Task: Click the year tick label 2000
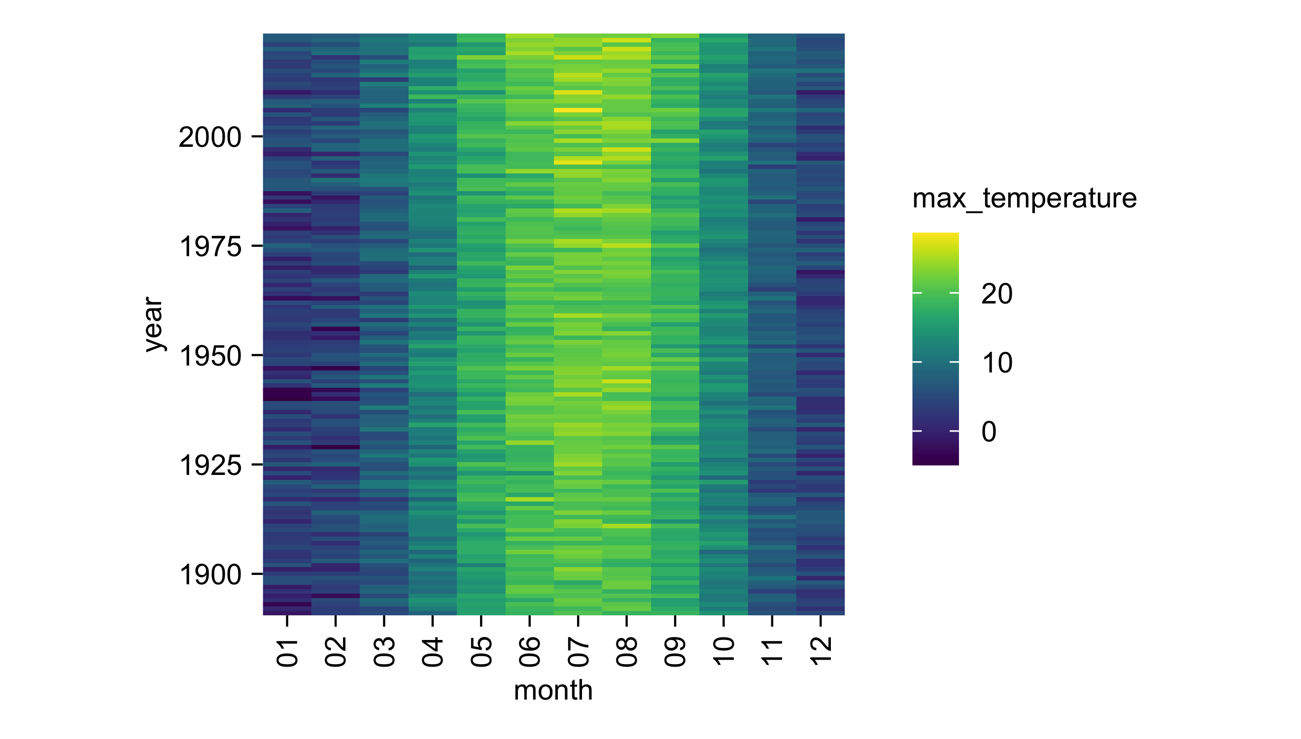tap(209, 137)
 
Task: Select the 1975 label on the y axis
tap(209, 247)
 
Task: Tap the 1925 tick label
tap(209, 466)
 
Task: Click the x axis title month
tap(553, 691)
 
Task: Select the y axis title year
tap(153, 324)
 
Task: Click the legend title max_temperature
tap(1024, 198)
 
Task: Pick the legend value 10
tap(996, 363)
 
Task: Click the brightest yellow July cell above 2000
tap(578, 110)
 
